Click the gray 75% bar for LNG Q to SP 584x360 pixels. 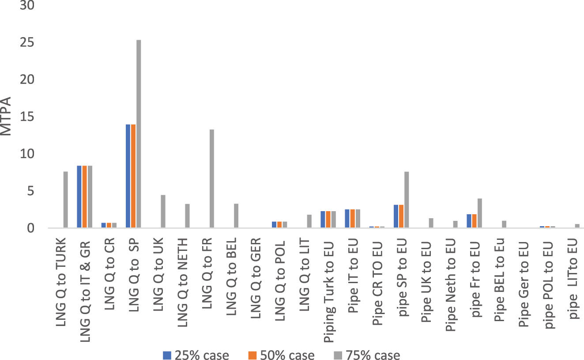pos(139,134)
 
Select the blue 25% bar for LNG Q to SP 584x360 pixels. pos(128,176)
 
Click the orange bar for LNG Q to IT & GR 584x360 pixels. pos(85,197)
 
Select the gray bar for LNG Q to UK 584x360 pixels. pos(163,212)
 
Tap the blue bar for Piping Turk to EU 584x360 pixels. pos(323,220)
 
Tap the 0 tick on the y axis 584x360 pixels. pos(30,228)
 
